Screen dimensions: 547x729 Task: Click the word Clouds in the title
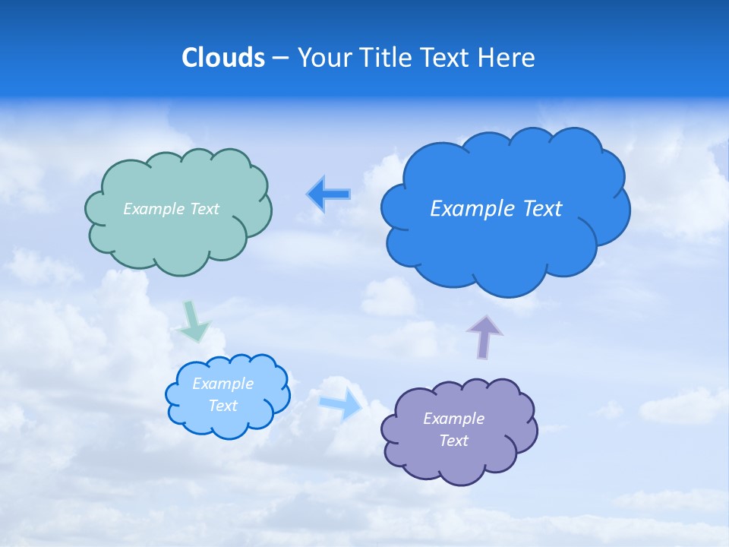point(223,58)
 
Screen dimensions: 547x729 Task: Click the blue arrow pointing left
point(329,194)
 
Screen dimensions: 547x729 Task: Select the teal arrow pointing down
point(193,323)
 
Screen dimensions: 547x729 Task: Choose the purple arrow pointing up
point(484,336)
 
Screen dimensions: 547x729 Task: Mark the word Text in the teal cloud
point(204,209)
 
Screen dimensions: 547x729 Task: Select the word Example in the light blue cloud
point(222,384)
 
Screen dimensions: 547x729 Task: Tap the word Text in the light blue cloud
point(222,406)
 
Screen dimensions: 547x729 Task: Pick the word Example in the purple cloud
point(453,419)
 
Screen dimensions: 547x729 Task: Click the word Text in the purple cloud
point(453,441)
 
